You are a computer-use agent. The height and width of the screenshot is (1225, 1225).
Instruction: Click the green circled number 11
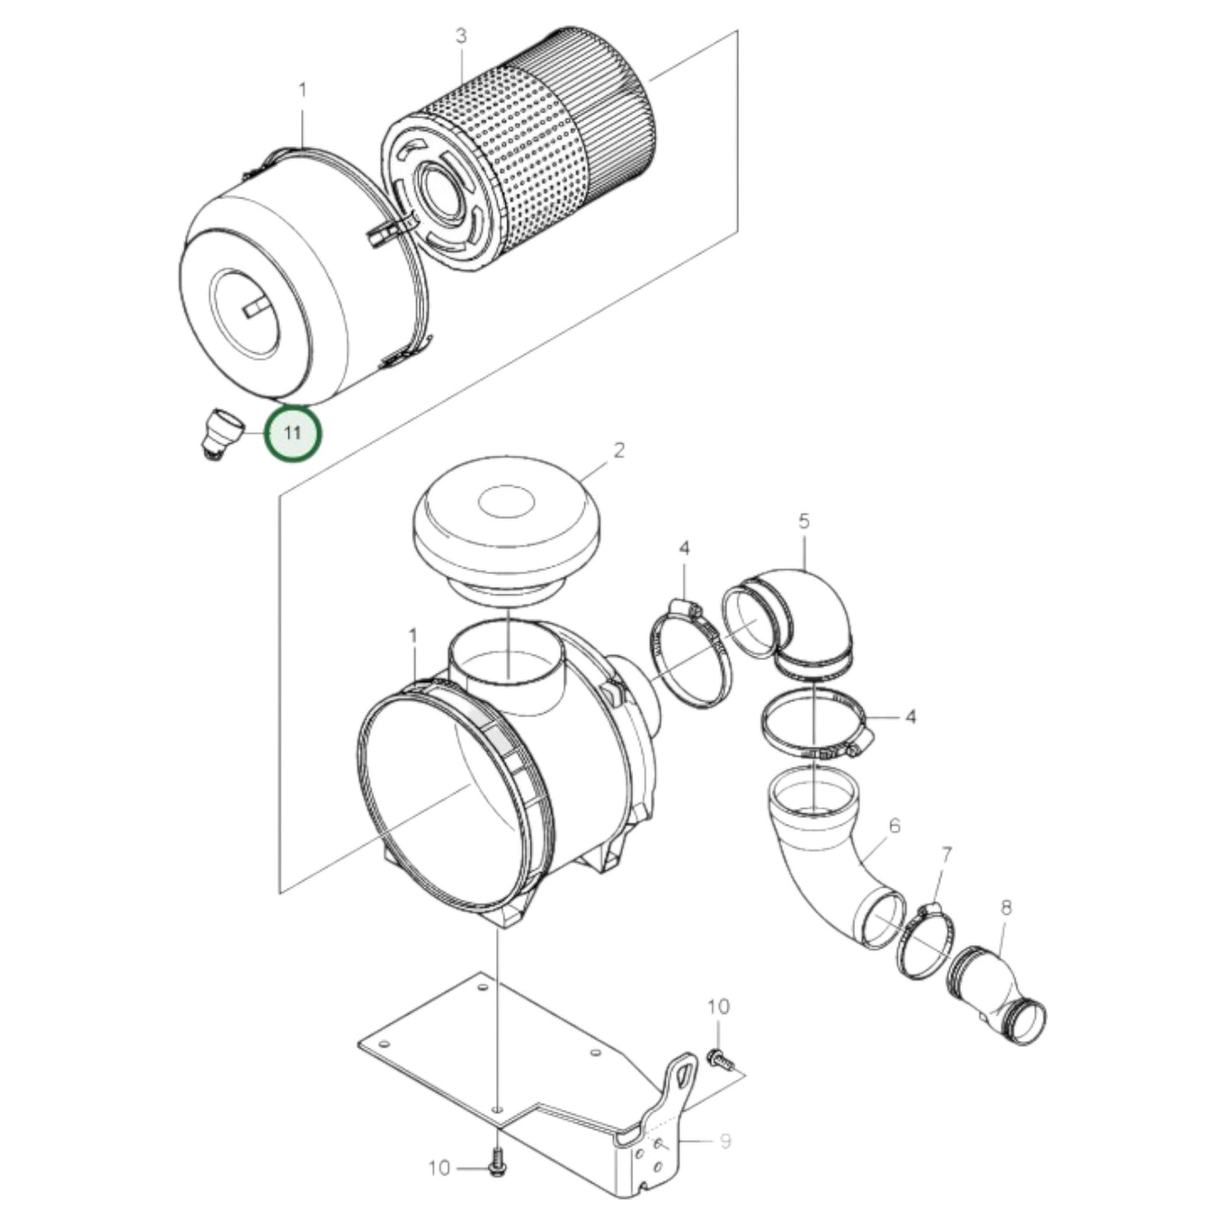pyautogui.click(x=293, y=433)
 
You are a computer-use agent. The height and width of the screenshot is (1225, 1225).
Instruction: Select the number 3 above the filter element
pyautogui.click(x=460, y=36)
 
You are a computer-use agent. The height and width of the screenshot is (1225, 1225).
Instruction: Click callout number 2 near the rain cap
pyautogui.click(x=619, y=450)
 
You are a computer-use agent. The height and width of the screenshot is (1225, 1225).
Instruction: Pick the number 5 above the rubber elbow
pyautogui.click(x=804, y=521)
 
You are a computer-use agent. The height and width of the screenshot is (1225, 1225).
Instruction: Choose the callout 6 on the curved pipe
pyautogui.click(x=894, y=825)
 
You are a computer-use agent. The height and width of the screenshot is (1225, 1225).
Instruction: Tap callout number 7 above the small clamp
pyautogui.click(x=947, y=855)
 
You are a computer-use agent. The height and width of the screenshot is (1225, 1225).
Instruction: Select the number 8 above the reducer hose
pyautogui.click(x=1006, y=908)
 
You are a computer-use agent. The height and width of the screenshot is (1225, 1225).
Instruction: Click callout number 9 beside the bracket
pyautogui.click(x=725, y=1141)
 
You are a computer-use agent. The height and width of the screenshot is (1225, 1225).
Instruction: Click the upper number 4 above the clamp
pyautogui.click(x=683, y=548)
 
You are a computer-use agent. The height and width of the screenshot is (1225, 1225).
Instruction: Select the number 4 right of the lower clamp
pyautogui.click(x=910, y=717)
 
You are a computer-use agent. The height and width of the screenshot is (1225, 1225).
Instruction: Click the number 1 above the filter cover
pyautogui.click(x=302, y=89)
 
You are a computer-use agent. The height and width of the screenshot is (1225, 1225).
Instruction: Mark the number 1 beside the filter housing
pyautogui.click(x=413, y=636)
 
